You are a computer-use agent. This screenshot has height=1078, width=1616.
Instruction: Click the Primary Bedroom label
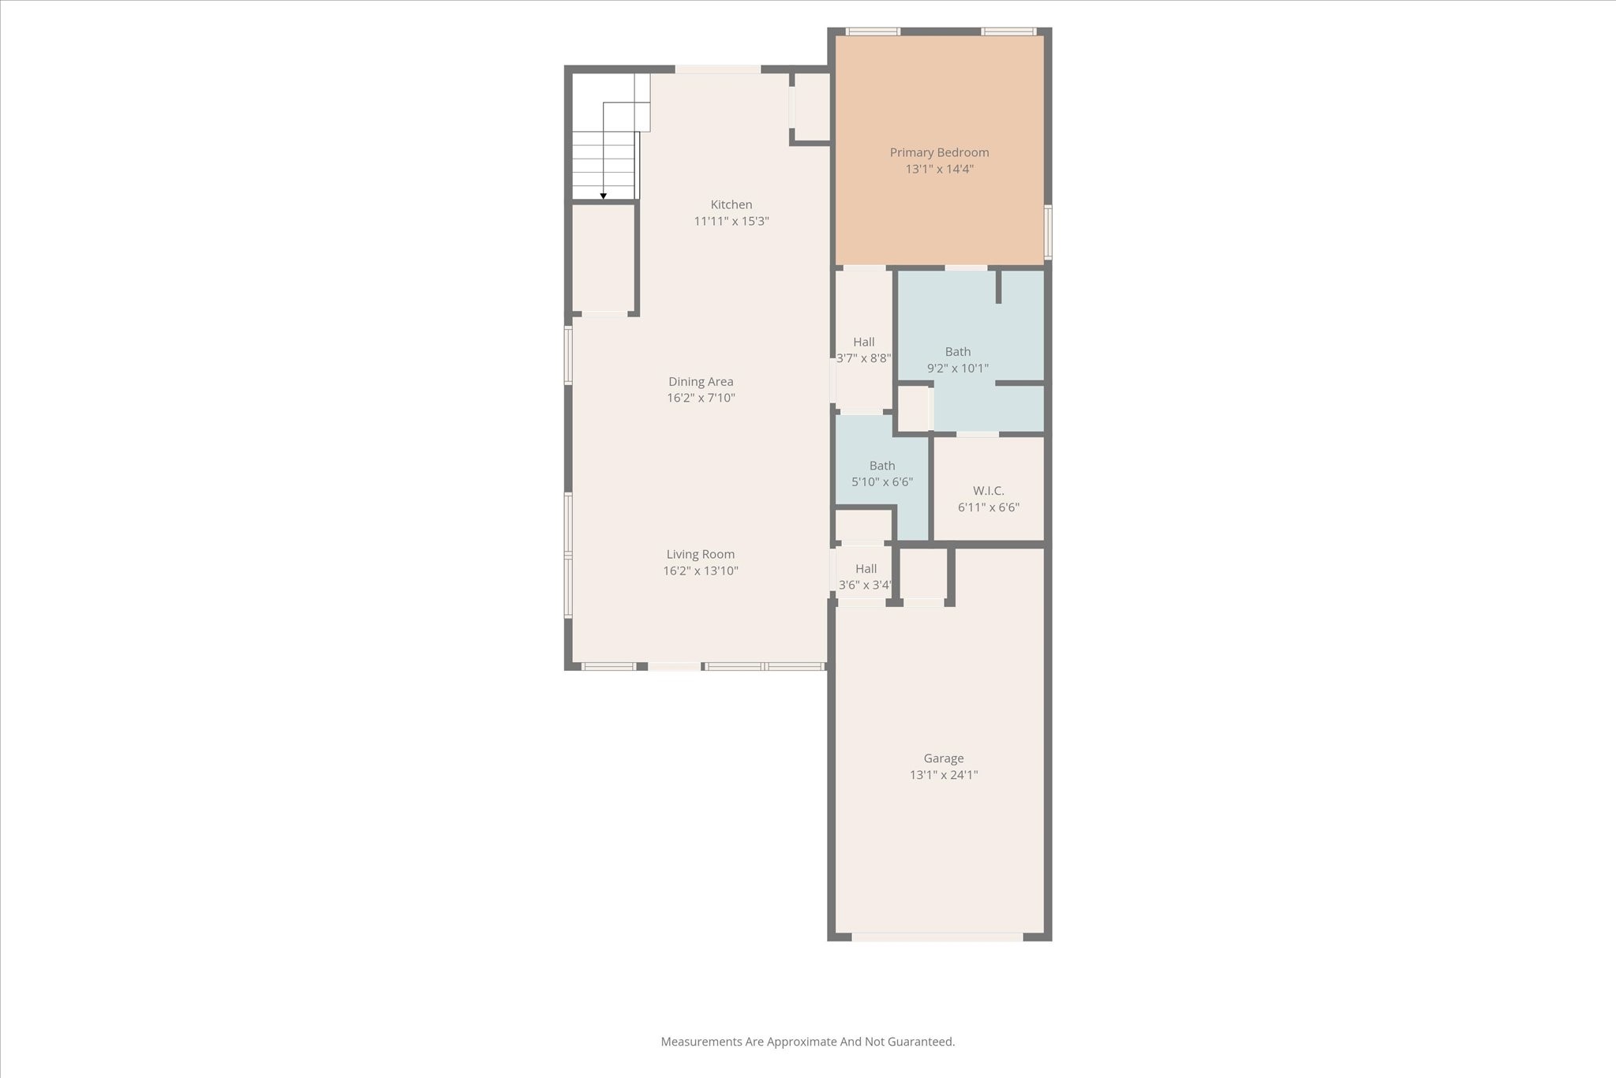tap(939, 152)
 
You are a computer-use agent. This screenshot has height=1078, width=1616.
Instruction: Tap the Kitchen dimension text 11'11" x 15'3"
tap(731, 221)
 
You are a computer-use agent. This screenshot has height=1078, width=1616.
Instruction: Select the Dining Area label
tap(701, 381)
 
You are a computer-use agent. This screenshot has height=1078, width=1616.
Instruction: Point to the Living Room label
tap(700, 554)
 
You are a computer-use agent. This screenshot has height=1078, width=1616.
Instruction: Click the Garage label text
tap(944, 758)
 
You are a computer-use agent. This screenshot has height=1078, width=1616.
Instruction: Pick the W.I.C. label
tap(988, 491)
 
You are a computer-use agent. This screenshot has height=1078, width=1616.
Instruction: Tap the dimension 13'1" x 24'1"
tap(944, 775)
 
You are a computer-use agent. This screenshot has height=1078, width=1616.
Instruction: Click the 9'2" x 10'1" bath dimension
tap(958, 368)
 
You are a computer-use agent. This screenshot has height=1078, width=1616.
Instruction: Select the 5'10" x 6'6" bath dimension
tap(882, 481)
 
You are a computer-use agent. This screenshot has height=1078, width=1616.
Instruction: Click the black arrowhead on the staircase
tap(604, 196)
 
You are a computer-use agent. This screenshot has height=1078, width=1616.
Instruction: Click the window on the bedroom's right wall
tap(1048, 232)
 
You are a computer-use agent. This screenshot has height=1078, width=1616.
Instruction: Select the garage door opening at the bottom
tap(937, 937)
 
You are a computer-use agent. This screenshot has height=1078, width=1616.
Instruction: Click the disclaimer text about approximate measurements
tap(807, 1042)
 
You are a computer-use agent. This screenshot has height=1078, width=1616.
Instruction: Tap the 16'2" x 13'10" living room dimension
tap(700, 571)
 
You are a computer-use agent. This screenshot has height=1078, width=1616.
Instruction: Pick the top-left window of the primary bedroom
tap(873, 32)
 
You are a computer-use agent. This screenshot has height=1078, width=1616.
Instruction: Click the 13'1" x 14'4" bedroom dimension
tap(939, 169)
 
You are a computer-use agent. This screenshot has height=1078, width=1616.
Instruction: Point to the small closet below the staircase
tap(603, 258)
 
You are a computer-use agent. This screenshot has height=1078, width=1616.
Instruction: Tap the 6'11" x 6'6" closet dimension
tap(988, 507)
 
